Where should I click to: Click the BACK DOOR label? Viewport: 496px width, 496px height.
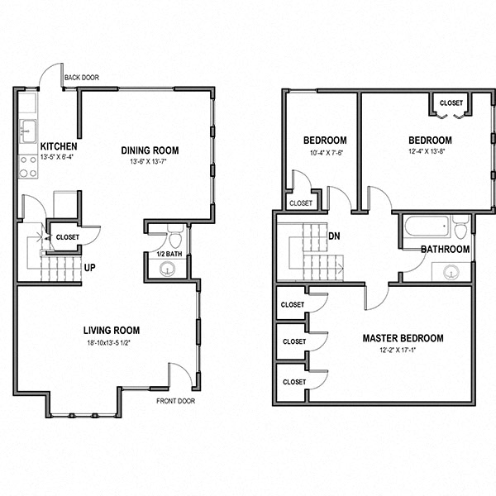click(83, 77)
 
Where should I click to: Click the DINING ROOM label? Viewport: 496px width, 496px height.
click(150, 150)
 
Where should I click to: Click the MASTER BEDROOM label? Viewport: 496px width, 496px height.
click(403, 338)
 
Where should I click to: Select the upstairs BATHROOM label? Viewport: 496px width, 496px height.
click(445, 249)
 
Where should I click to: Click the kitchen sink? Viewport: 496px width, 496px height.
click(27, 130)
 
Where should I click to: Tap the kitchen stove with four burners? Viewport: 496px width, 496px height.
click(27, 167)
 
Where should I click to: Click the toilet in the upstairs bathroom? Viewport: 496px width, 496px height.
click(460, 227)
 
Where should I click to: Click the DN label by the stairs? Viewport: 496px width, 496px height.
click(335, 236)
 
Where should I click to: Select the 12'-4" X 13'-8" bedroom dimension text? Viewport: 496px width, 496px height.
click(429, 151)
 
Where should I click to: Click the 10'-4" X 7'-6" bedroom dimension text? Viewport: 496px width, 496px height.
click(324, 151)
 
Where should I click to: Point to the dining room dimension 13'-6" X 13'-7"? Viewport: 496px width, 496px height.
click(150, 162)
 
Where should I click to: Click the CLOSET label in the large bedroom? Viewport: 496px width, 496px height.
click(451, 103)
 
